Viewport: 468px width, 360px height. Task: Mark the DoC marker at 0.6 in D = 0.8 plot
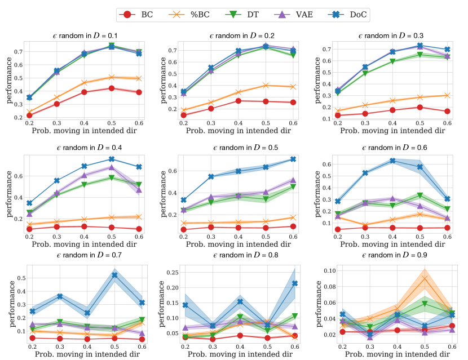(294, 283)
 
